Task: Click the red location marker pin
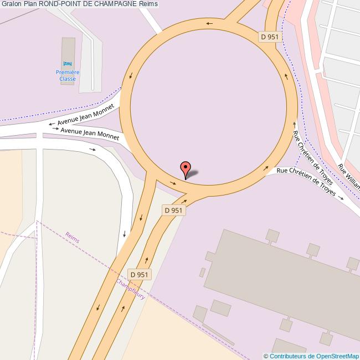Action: click(x=186, y=168)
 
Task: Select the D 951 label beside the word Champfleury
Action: click(x=139, y=274)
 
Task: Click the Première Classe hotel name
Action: click(x=68, y=76)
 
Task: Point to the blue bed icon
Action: click(x=68, y=64)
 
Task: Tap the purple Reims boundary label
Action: click(x=73, y=237)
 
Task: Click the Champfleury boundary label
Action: click(x=131, y=289)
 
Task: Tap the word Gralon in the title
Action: click(x=11, y=4)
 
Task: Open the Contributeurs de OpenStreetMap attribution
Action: click(x=311, y=356)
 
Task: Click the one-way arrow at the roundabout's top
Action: click(x=209, y=23)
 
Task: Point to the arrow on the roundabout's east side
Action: click(x=287, y=76)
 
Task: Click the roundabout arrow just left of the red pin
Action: click(x=173, y=183)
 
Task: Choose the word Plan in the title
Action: click(x=30, y=4)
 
